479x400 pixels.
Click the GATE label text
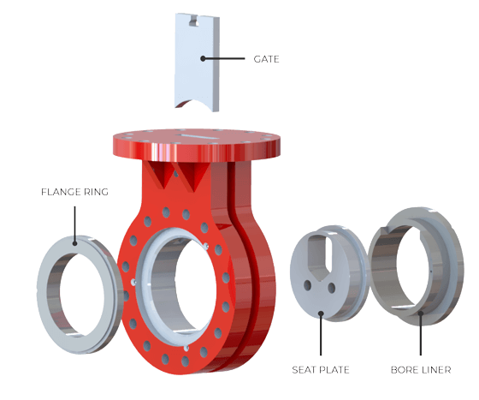266,59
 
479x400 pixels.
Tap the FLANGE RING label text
74,192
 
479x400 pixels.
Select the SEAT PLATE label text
321,369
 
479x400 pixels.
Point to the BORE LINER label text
421,369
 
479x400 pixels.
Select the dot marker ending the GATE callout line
201,59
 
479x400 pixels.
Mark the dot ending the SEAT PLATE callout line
321,313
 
